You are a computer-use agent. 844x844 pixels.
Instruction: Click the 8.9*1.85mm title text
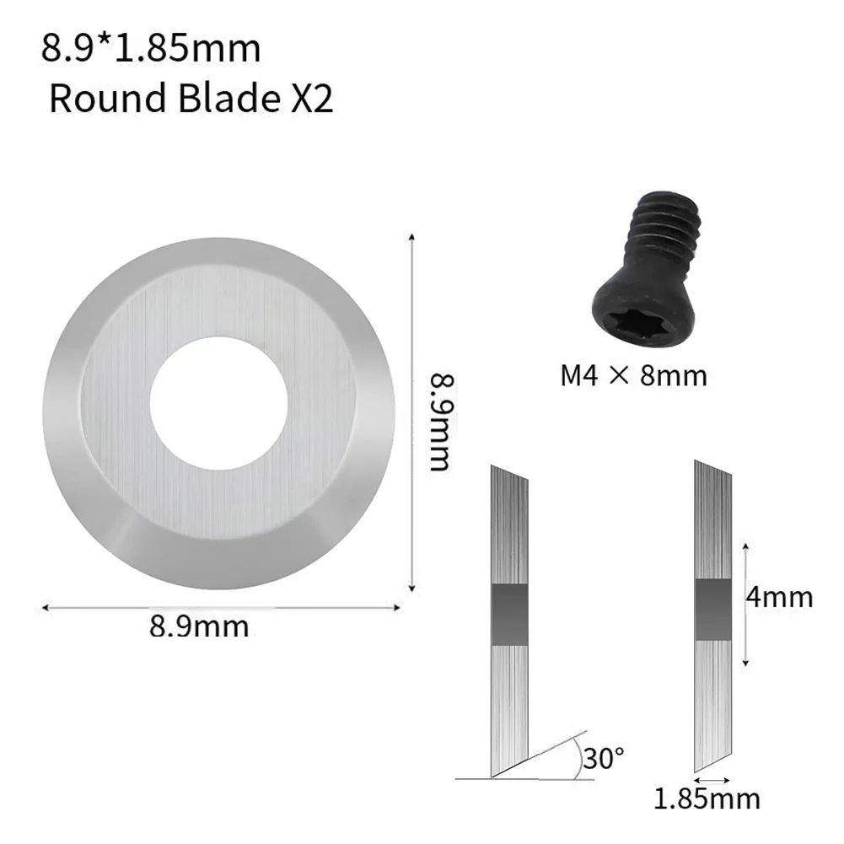151,48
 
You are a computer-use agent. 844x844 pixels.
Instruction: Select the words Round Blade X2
191,98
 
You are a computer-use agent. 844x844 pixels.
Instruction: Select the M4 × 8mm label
633,375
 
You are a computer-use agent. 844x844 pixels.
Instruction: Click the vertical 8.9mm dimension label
442,422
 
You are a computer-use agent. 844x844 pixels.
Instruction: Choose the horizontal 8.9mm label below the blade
199,626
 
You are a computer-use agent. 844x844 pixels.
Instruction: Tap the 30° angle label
604,758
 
